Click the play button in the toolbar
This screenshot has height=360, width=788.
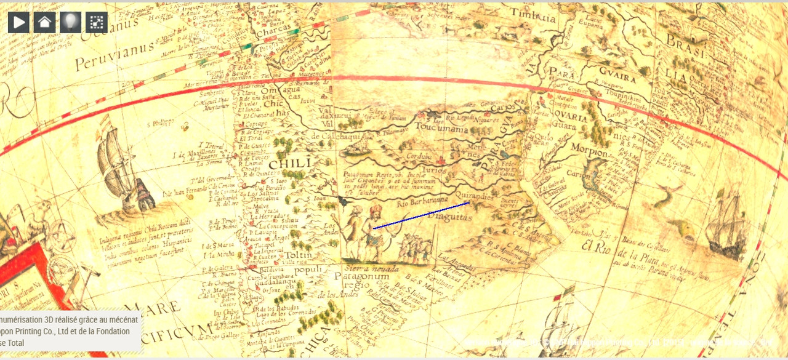18,23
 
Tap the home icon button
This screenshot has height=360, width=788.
44,23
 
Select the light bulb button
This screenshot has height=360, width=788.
70,23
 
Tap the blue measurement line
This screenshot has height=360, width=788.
422,215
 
